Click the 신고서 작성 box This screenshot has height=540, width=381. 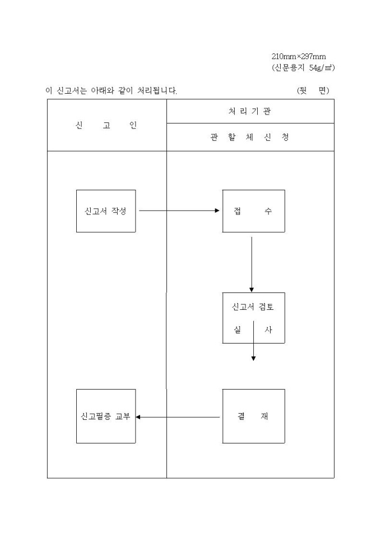point(106,211)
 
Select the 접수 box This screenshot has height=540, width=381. point(253,211)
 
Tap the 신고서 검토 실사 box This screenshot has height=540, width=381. point(253,318)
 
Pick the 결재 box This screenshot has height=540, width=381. point(253,417)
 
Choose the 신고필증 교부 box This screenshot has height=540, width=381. point(106,417)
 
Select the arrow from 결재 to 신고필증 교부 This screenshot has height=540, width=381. point(178,417)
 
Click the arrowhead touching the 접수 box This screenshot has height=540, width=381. point(218,211)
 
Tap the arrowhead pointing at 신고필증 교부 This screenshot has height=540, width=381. point(139,417)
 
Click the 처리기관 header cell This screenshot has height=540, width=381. point(250,111)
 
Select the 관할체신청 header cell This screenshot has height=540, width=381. point(250,137)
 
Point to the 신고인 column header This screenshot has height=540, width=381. point(106,125)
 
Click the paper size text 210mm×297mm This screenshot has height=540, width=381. point(299,57)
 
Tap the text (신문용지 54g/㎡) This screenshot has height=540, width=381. point(303,67)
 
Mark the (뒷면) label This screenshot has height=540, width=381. point(313,90)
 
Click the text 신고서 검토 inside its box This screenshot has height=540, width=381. point(253,307)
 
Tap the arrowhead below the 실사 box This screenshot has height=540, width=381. point(253,358)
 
